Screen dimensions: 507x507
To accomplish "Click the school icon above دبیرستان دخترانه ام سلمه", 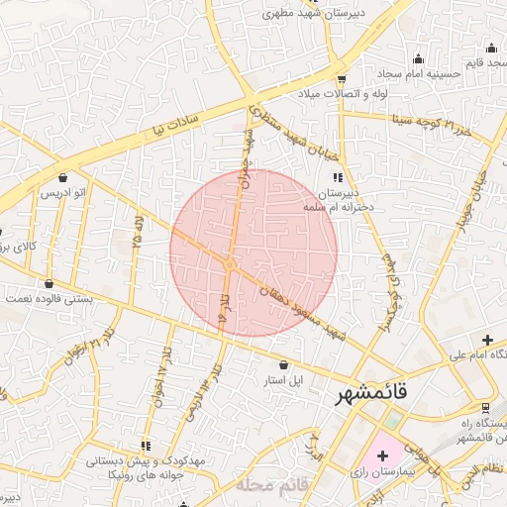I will [x=338, y=176].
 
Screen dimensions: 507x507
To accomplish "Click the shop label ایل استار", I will [x=282, y=379].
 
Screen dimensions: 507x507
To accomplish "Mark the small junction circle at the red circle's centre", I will [x=229, y=264].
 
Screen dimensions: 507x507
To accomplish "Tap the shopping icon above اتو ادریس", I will [x=49, y=177].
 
